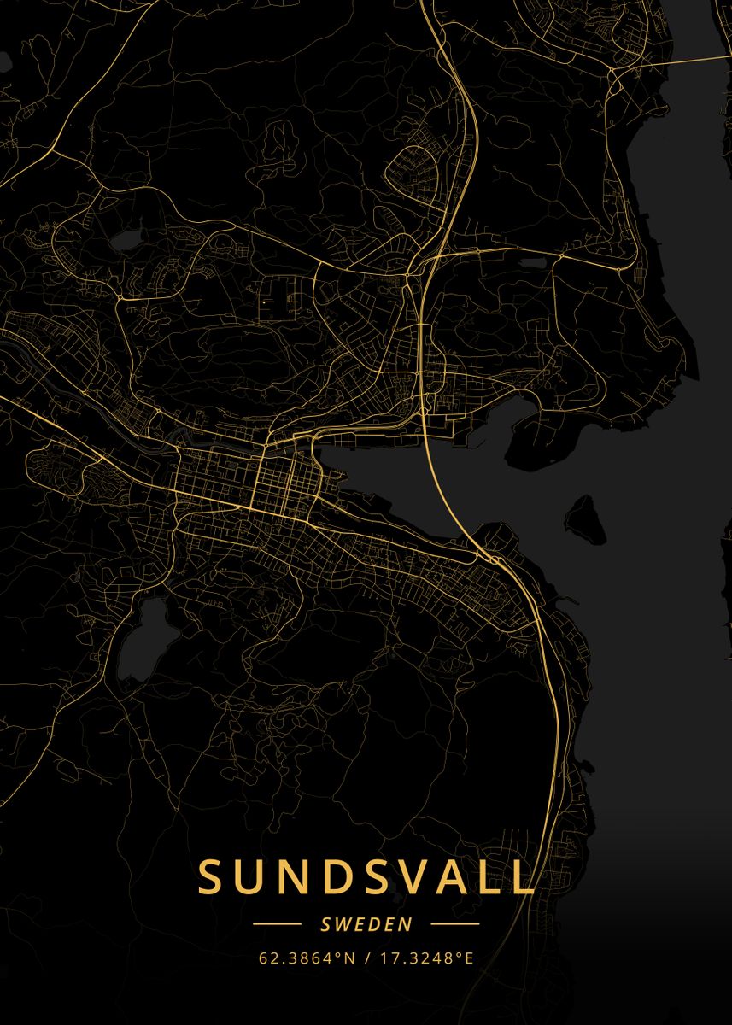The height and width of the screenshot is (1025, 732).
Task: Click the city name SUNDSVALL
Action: [366, 876]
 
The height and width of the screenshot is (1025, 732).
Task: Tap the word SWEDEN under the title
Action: [366, 924]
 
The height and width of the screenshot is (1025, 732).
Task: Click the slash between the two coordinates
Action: [367, 958]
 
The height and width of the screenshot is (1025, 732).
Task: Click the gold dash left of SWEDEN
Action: [278, 924]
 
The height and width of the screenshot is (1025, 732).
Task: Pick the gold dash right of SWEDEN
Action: [454, 924]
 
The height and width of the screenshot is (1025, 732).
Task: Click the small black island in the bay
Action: [585, 518]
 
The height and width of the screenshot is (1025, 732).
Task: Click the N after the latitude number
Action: [350, 958]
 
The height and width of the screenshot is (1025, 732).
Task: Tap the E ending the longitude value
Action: [468, 958]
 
